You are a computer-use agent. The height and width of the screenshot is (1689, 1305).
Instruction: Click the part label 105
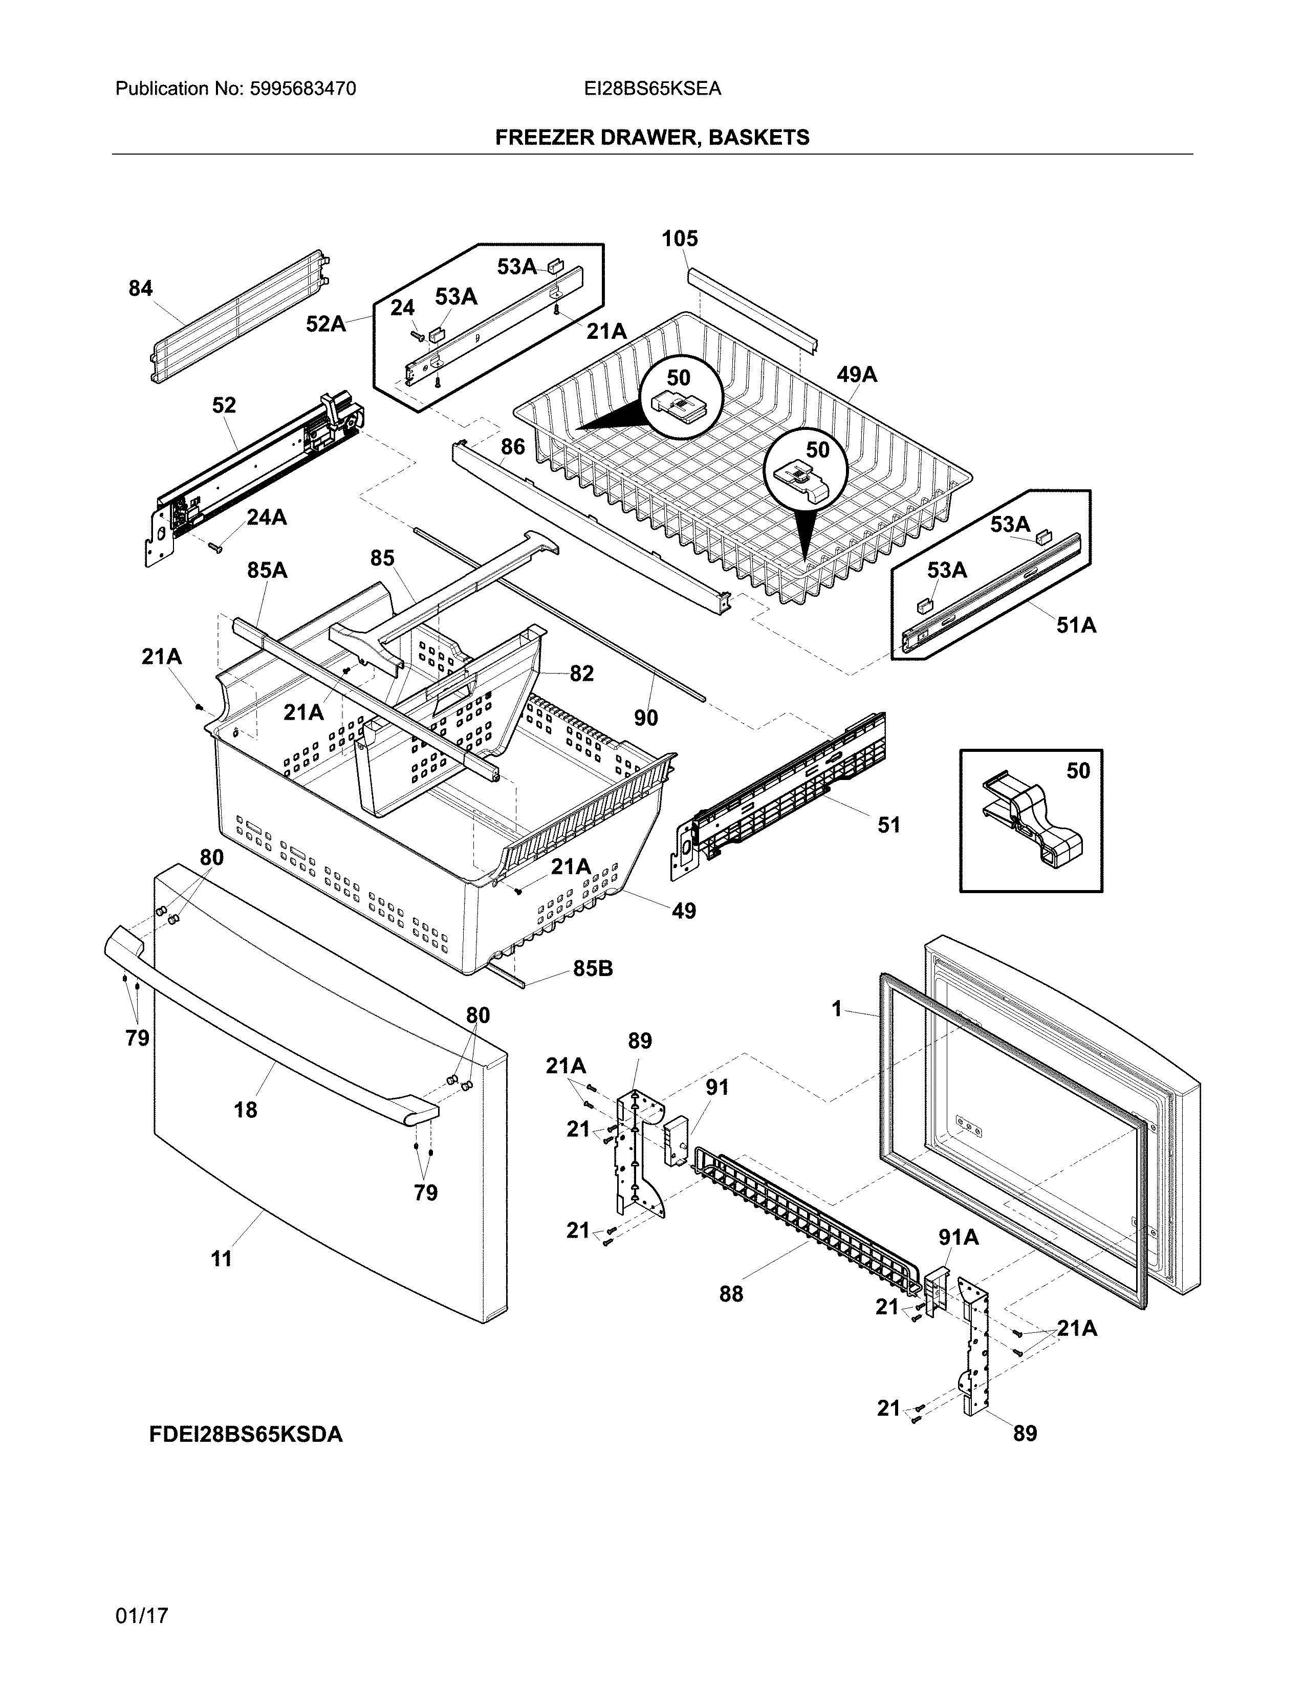pyautogui.click(x=680, y=239)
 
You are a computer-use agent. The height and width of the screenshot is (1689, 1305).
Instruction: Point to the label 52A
pyautogui.click(x=325, y=324)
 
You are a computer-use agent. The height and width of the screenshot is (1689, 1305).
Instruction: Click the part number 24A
pyautogui.click(x=267, y=517)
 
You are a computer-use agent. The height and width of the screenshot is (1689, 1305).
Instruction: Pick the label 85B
pyautogui.click(x=593, y=969)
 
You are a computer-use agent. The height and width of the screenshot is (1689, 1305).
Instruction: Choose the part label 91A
pyautogui.click(x=959, y=1238)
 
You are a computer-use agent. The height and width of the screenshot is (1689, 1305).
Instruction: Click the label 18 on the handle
pyautogui.click(x=245, y=1111)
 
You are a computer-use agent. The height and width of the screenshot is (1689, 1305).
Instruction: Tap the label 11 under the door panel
pyautogui.click(x=222, y=1260)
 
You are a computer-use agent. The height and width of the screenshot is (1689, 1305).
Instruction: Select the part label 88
pyautogui.click(x=731, y=1294)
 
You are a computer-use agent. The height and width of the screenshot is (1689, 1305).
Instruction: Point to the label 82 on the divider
pyautogui.click(x=581, y=674)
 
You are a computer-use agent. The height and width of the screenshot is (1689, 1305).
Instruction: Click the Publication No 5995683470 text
pyautogui.click(x=236, y=89)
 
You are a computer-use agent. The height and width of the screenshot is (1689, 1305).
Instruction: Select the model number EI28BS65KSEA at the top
pyautogui.click(x=652, y=89)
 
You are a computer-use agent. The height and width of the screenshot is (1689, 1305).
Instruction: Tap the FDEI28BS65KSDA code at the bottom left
pyautogui.click(x=246, y=1435)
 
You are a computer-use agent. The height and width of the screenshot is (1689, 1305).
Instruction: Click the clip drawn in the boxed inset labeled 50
pyautogui.click(x=1032, y=820)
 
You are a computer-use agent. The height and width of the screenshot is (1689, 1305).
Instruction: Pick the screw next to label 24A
pyautogui.click(x=215, y=548)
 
